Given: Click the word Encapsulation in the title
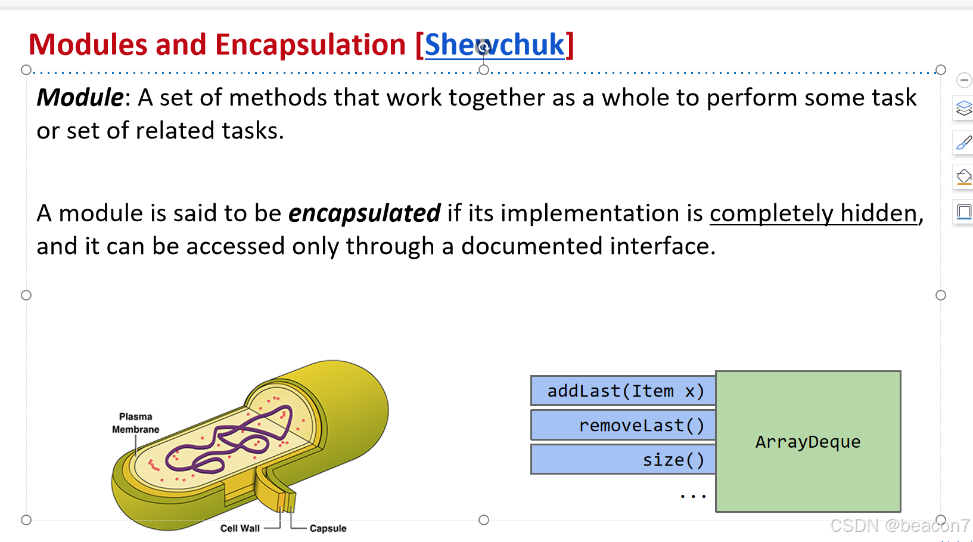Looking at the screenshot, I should [310, 45].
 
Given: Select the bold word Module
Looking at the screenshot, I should [80, 98].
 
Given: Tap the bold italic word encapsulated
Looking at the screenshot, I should [364, 213].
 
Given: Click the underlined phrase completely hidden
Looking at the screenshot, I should [813, 213].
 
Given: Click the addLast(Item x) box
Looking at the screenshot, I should [623, 391].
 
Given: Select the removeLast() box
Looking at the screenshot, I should [623, 425].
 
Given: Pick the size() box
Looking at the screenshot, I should [623, 460].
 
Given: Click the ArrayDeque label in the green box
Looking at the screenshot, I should [807, 442].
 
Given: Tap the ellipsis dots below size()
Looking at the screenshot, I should [693, 495].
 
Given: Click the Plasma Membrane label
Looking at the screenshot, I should [135, 423].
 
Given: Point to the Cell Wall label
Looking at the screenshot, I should [240, 528].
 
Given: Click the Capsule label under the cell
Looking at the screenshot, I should [328, 528].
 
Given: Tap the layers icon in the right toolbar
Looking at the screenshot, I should [963, 109].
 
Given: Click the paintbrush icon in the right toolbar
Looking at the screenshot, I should [963, 143].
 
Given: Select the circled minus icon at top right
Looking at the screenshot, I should [963, 80].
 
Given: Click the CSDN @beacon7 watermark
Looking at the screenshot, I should [899, 526].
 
